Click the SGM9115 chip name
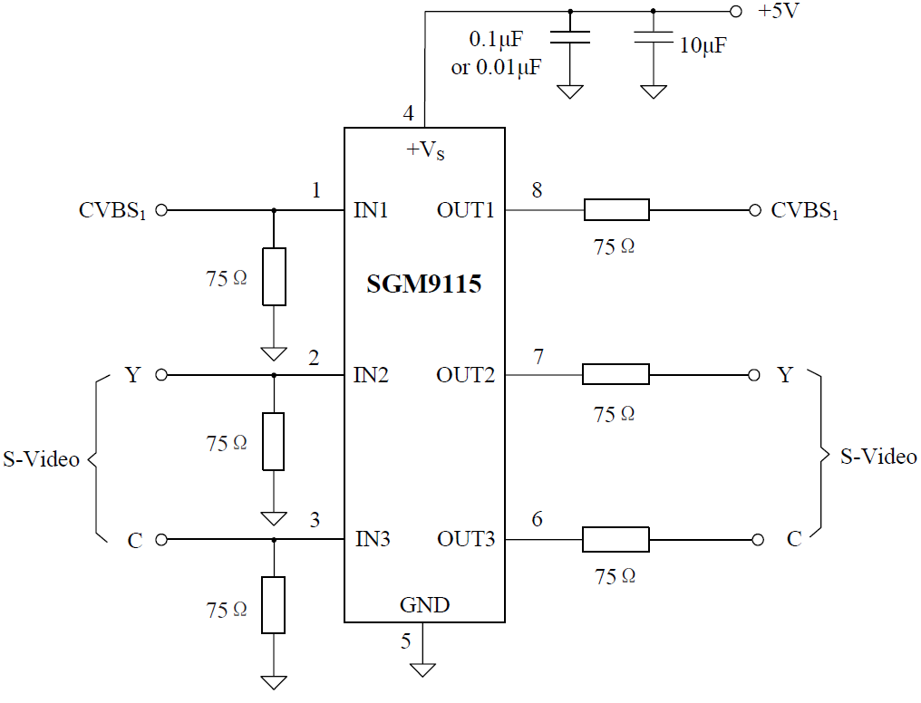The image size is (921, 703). click(423, 284)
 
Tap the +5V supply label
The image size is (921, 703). click(779, 12)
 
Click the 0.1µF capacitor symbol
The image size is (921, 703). click(570, 37)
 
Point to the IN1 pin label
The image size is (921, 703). click(371, 211)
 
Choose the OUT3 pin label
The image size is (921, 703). click(466, 540)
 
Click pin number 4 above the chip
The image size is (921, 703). click(409, 114)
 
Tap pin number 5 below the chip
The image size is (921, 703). click(406, 641)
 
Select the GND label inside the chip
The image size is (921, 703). click(424, 604)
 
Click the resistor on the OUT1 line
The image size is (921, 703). click(616, 210)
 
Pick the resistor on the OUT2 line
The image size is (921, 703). click(616, 374)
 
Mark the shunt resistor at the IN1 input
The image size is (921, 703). click(274, 276)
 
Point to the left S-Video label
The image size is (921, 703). click(41, 459)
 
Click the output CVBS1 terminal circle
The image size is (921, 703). click(755, 210)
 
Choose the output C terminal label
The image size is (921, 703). click(794, 540)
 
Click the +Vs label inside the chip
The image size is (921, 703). click(425, 149)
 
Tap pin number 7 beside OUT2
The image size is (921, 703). click(538, 357)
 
